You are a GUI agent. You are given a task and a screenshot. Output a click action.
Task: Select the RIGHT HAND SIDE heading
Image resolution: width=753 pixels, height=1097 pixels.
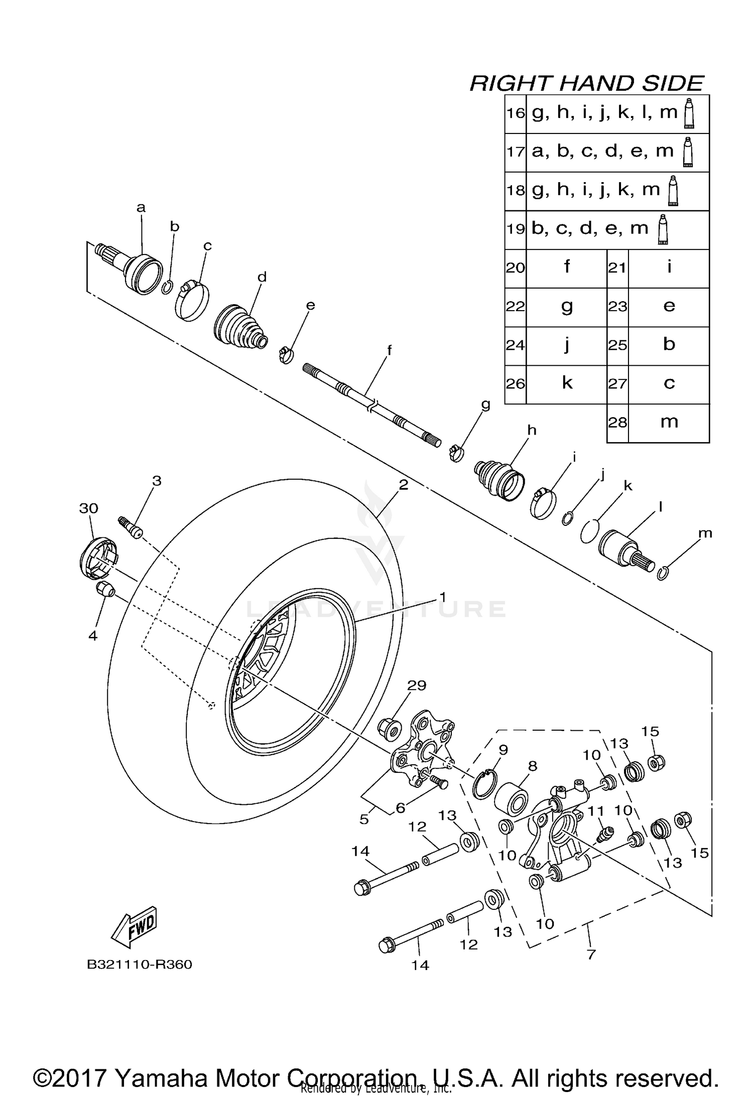click(x=586, y=83)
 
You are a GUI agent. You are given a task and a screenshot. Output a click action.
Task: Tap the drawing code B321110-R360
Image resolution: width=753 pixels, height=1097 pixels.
click(x=140, y=965)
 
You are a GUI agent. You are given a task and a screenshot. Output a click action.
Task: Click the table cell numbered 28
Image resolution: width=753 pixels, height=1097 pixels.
click(x=617, y=422)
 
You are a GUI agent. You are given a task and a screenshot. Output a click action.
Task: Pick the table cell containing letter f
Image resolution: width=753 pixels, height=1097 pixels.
click(x=566, y=267)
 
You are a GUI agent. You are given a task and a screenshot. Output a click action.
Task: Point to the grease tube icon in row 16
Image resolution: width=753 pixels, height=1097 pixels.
click(x=689, y=113)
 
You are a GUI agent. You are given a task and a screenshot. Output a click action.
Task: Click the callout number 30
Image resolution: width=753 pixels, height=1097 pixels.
click(x=88, y=508)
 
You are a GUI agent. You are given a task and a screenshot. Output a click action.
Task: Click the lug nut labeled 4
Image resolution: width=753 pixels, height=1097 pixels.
click(x=104, y=589)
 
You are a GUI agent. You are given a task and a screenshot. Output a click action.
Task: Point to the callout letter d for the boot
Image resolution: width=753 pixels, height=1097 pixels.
click(x=262, y=277)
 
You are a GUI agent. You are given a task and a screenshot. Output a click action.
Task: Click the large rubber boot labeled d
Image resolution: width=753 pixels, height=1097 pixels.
click(x=240, y=326)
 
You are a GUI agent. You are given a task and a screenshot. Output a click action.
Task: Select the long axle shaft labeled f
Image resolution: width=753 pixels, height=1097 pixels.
click(x=371, y=404)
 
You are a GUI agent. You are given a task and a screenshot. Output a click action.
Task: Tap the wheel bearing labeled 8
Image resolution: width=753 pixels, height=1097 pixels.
click(x=511, y=798)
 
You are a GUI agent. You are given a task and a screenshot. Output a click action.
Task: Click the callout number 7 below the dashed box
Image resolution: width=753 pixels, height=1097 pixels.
click(x=591, y=954)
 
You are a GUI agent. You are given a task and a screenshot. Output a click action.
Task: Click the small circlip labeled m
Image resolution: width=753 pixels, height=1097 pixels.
click(x=663, y=573)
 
